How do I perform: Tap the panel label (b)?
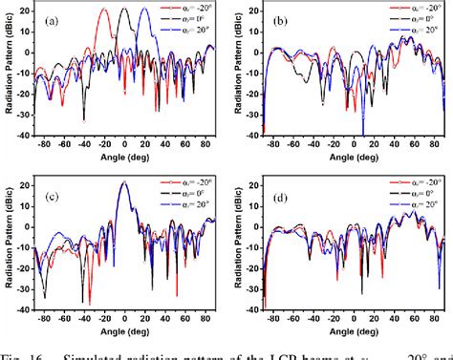tap(280, 19)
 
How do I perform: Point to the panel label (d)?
tap(280, 196)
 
